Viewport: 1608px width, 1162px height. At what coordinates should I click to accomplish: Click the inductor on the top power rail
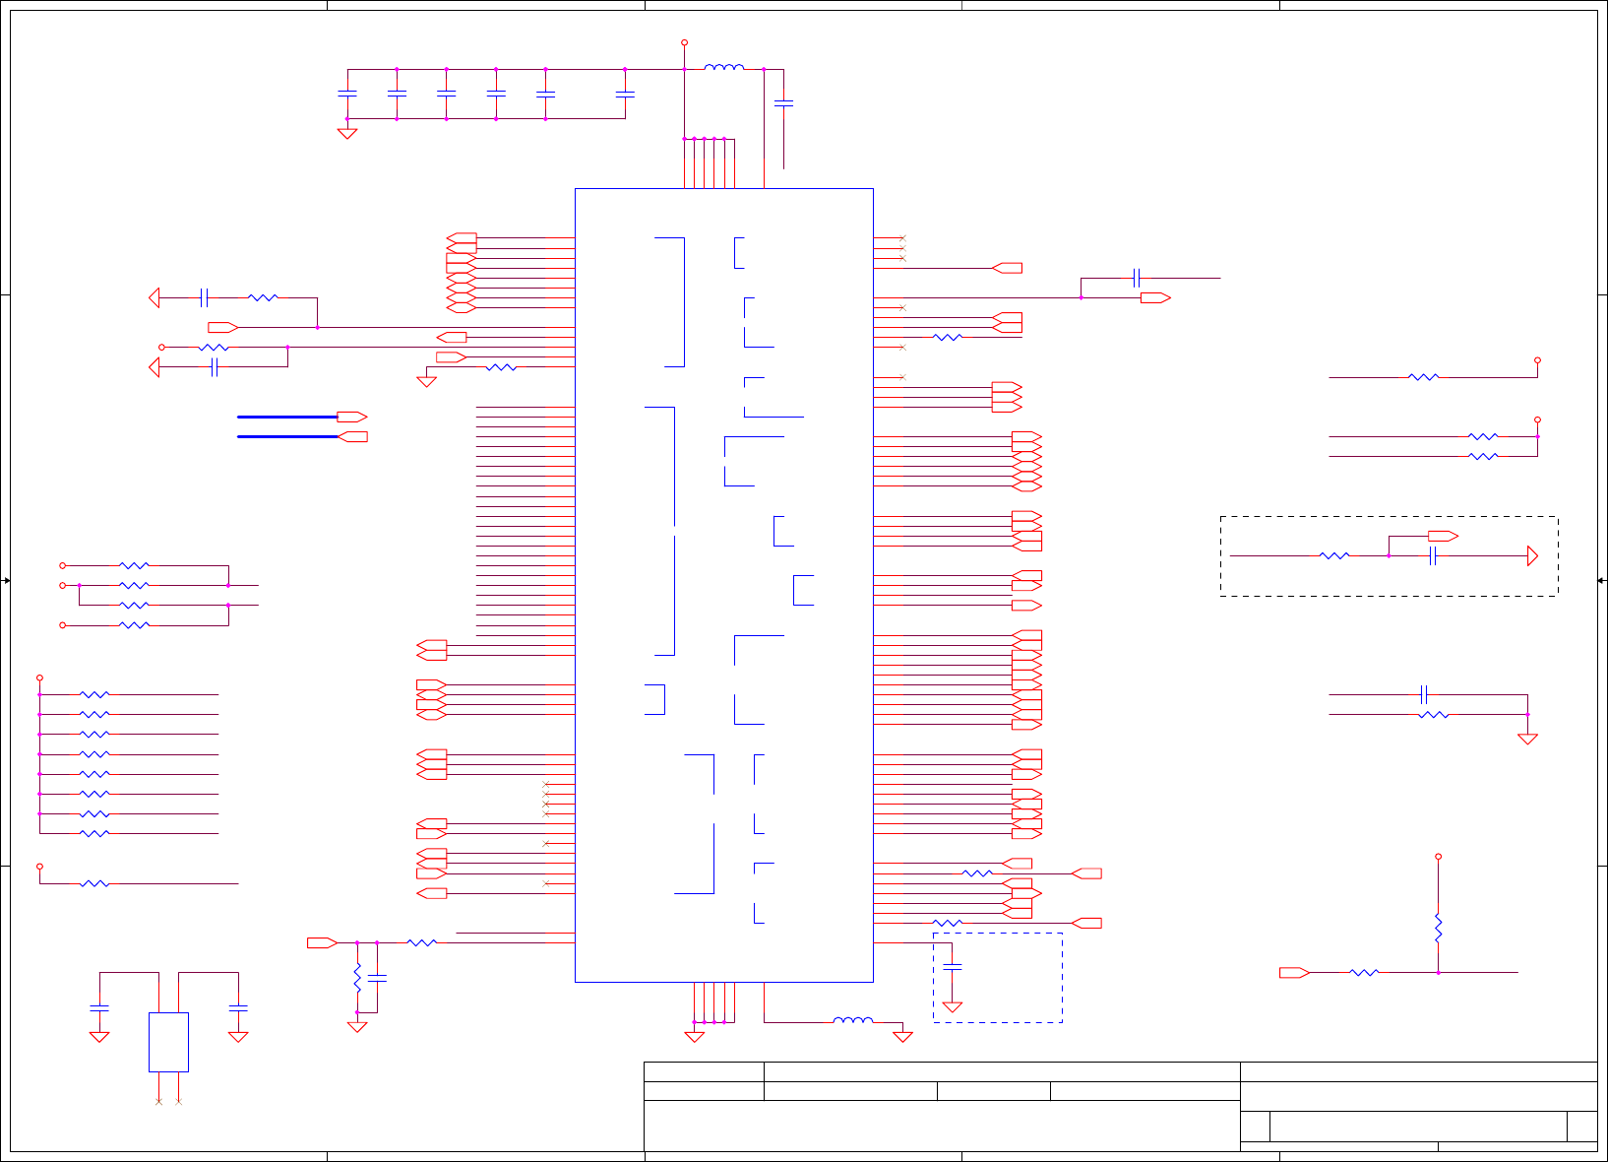tap(724, 68)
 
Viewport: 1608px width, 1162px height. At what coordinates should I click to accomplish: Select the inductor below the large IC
tap(852, 1020)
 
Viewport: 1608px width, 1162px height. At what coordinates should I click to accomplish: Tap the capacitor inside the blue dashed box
tap(952, 967)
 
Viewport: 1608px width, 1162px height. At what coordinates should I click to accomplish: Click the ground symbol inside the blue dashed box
tap(952, 1007)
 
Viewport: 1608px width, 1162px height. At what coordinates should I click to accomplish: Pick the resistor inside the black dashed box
tap(1334, 556)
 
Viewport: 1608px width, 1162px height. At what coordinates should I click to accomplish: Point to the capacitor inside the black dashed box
tap(1433, 556)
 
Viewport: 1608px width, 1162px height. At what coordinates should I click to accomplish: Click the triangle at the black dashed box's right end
tap(1532, 556)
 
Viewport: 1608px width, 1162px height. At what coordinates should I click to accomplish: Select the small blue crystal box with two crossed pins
tap(168, 1042)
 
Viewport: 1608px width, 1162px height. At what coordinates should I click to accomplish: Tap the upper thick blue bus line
tap(287, 417)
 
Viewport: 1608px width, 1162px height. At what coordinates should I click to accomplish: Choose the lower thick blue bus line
tap(287, 436)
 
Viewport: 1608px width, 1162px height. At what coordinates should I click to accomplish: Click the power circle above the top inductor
tap(684, 42)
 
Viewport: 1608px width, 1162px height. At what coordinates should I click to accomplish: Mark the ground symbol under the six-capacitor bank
tap(346, 133)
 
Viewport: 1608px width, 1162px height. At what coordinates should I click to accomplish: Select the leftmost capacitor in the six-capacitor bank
tap(346, 94)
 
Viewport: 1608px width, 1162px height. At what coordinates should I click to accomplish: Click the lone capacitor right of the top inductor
tap(783, 102)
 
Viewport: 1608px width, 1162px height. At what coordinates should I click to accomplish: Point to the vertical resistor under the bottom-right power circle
tap(1438, 928)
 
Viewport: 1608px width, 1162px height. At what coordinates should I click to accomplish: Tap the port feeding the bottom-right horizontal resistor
tap(1293, 973)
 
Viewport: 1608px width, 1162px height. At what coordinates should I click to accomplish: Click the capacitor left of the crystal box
tap(99, 1007)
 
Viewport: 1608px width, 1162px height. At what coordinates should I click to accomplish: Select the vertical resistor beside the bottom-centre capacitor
tap(357, 977)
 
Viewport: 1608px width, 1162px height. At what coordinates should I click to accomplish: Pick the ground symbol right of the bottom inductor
tap(902, 1036)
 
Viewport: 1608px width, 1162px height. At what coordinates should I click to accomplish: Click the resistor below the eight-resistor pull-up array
tap(94, 883)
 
